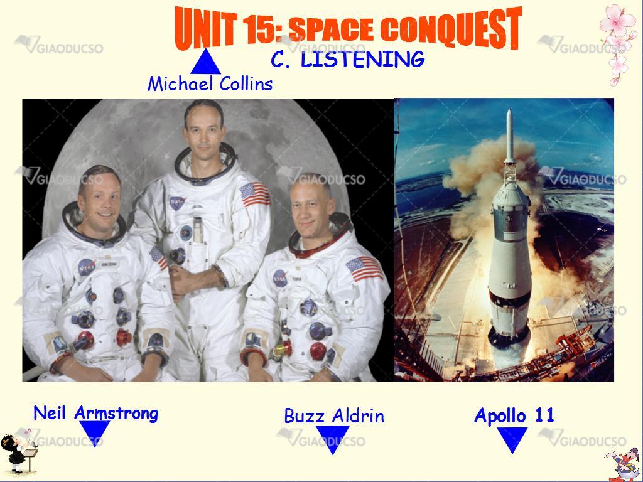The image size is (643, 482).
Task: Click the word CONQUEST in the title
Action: click(451, 29)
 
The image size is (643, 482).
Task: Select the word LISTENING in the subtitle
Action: click(362, 60)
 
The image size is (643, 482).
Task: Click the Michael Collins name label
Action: click(210, 84)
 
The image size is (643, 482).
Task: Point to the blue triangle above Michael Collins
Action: click(205, 62)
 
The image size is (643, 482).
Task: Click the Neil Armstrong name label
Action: click(95, 413)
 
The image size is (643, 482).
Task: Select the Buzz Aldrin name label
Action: click(334, 416)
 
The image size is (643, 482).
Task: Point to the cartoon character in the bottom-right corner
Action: click(623, 465)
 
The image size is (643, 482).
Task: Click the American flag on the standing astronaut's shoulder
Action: click(255, 194)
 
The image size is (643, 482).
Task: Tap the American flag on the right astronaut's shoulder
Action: click(364, 269)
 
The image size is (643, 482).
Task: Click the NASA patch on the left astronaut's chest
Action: click(86, 267)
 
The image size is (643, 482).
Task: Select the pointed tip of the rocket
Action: click(509, 109)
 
